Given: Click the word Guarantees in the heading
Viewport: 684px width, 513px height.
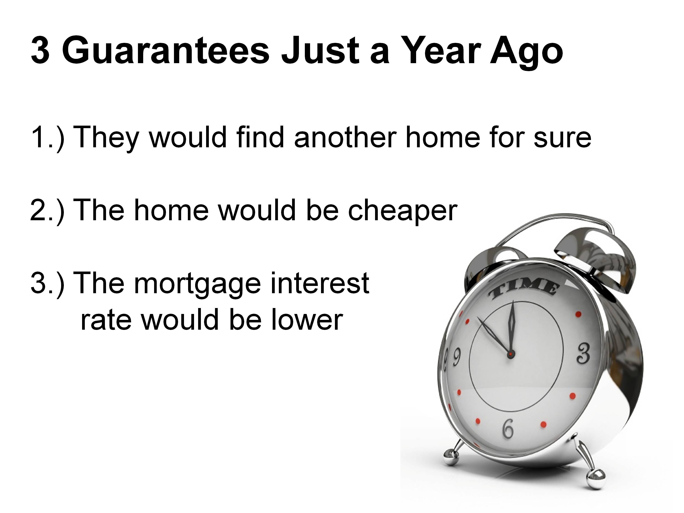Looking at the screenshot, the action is pos(166,51).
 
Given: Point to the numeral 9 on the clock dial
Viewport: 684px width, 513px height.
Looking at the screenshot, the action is pos(457,357).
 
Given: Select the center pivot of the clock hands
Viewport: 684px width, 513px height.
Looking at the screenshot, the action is pos(510,353).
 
